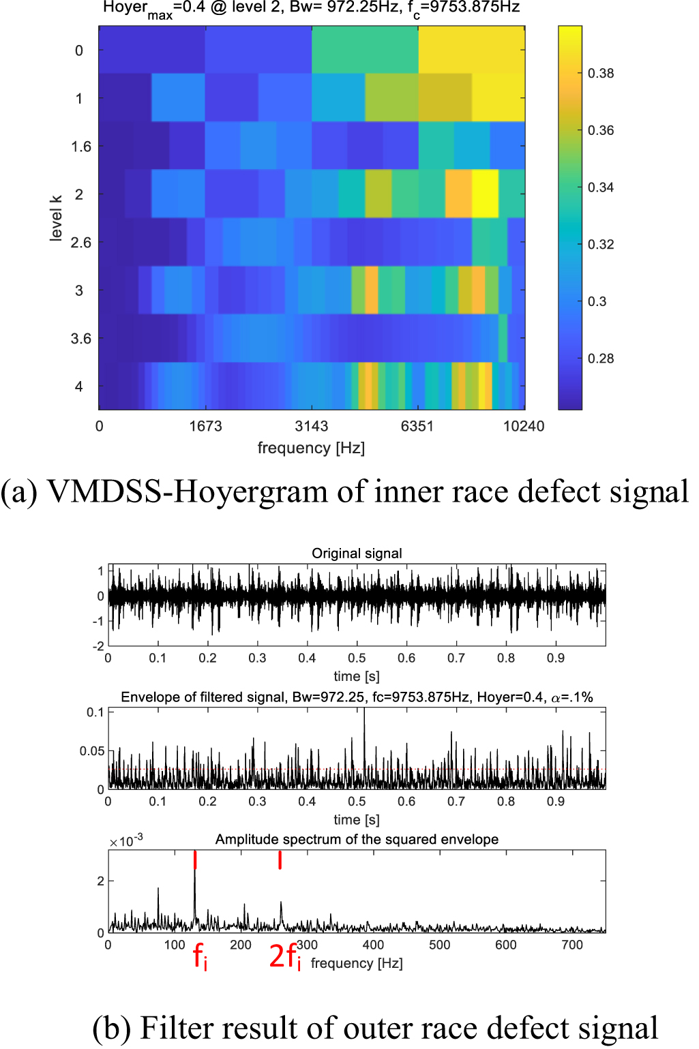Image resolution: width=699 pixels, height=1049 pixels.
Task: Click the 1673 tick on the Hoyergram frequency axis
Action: point(205,427)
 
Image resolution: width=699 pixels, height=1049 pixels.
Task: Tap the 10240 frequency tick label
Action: point(524,427)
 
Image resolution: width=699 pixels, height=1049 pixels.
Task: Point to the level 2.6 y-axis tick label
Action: point(80,243)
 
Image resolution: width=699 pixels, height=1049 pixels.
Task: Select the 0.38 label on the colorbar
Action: point(601,74)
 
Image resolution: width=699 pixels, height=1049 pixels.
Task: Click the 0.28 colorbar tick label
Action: point(601,359)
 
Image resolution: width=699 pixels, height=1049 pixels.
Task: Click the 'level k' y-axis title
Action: point(56,218)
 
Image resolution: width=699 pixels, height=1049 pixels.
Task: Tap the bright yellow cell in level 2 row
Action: point(485,194)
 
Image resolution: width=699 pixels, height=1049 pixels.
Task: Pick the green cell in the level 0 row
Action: point(365,50)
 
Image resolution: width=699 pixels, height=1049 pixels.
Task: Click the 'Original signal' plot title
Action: point(357,553)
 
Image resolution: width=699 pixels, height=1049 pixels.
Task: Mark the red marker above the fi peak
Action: point(195,860)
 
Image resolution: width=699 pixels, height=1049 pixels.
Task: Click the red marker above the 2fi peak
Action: point(280,860)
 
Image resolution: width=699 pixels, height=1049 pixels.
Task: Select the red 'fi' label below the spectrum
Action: point(200,956)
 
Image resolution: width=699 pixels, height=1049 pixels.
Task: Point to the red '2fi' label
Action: point(285,956)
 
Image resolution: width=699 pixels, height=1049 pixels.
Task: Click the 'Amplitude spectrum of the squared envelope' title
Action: point(357,840)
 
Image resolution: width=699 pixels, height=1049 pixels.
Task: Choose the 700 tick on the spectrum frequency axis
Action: point(572,945)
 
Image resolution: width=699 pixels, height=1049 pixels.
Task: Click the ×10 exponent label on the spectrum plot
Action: point(126,841)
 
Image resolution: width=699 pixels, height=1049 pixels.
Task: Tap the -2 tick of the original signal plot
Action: point(100,645)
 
